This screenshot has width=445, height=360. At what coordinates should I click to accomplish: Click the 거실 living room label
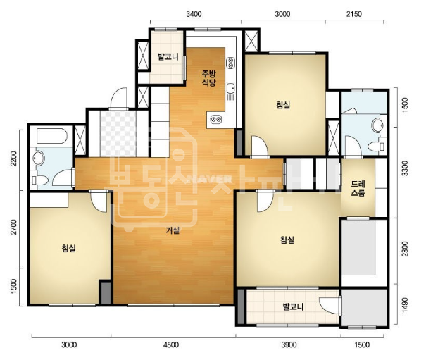(x=173, y=230)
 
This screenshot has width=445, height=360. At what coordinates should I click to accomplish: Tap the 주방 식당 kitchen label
(x=209, y=78)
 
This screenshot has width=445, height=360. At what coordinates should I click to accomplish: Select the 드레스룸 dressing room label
(x=358, y=189)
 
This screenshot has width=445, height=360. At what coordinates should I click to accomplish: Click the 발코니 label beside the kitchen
(x=168, y=56)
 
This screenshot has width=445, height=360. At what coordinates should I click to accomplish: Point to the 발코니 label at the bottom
(x=293, y=306)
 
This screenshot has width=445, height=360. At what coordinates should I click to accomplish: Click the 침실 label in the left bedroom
(x=69, y=249)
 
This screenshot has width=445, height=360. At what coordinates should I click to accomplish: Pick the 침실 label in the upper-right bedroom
(x=283, y=105)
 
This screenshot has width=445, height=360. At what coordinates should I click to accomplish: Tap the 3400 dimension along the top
(x=194, y=14)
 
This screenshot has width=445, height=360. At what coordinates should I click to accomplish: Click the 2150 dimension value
(x=354, y=14)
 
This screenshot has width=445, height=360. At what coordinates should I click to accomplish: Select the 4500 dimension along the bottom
(x=171, y=345)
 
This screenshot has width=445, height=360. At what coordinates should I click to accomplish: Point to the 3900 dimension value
(x=289, y=345)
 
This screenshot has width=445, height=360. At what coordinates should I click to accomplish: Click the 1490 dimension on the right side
(x=406, y=305)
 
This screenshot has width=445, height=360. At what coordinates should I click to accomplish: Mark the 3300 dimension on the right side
(x=406, y=168)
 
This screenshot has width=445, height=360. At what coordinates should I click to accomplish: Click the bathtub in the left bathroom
(x=52, y=136)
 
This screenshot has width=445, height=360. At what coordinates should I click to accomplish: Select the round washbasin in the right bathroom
(x=378, y=125)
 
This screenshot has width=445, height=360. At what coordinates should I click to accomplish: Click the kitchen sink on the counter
(x=230, y=88)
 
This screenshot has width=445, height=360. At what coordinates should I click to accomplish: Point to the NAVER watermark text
(x=210, y=179)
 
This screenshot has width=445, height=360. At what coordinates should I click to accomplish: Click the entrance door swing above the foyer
(x=118, y=98)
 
